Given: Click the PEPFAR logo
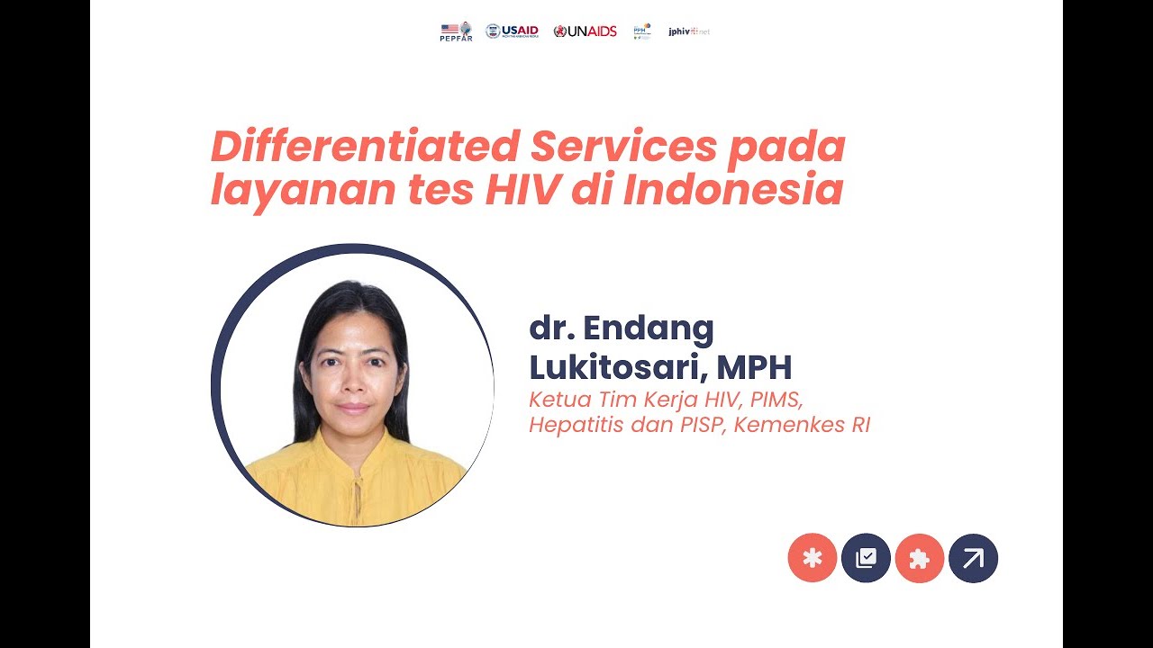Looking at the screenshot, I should point(456,31).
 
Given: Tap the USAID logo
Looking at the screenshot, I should point(512,31).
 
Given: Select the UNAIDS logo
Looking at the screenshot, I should point(586,31).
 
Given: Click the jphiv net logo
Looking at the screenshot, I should point(689,31).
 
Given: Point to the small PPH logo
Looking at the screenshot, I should point(642,31).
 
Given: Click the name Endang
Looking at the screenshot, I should point(649,329).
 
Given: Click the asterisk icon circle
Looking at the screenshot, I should point(813,558).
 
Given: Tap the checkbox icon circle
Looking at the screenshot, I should point(866,558).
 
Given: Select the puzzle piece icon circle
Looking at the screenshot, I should point(919,558).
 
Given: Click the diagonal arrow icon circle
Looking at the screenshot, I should point(973,558).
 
